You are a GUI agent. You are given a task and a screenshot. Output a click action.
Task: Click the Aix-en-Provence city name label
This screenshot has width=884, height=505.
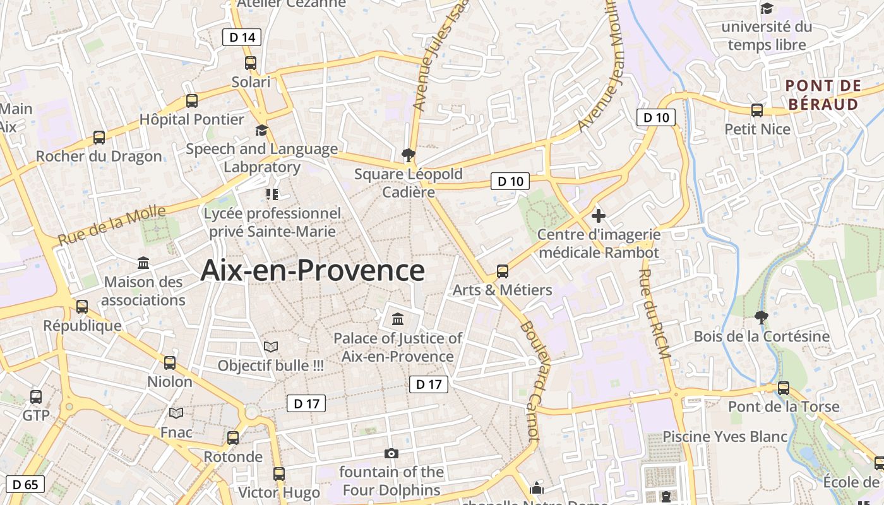313,271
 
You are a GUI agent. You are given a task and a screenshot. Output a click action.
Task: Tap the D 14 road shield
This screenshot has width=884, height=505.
242,37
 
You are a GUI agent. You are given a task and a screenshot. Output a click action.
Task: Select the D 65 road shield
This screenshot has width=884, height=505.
25,484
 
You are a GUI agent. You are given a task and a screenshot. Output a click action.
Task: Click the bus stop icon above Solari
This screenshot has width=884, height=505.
251,63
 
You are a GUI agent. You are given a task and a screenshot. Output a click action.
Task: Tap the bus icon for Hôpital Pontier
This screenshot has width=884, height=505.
192,100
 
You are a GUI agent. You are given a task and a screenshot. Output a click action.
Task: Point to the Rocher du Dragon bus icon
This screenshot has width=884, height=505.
99,137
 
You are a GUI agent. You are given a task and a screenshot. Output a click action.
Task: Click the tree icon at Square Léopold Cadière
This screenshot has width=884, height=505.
409,155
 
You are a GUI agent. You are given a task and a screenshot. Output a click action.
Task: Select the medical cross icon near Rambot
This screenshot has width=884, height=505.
598,216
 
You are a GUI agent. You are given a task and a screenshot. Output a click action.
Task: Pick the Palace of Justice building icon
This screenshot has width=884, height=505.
398,319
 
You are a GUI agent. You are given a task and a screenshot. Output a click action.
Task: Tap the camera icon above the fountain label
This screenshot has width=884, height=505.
391,453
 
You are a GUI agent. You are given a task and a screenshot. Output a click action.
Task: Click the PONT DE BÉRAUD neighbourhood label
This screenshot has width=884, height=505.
823,95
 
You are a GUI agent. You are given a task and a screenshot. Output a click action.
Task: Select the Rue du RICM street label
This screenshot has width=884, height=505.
654,314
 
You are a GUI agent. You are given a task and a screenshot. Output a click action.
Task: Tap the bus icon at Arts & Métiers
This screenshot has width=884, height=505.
503,271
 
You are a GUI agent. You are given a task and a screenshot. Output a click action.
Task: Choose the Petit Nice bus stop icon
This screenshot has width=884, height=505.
757,110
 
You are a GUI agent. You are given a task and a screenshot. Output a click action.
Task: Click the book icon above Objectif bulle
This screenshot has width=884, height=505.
271,347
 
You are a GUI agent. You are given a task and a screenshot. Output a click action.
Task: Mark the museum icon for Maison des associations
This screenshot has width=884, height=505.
143,263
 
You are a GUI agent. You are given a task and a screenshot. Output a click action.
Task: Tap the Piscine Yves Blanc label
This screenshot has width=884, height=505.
725,436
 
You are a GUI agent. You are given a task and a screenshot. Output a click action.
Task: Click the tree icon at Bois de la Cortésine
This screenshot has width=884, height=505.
762,317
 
